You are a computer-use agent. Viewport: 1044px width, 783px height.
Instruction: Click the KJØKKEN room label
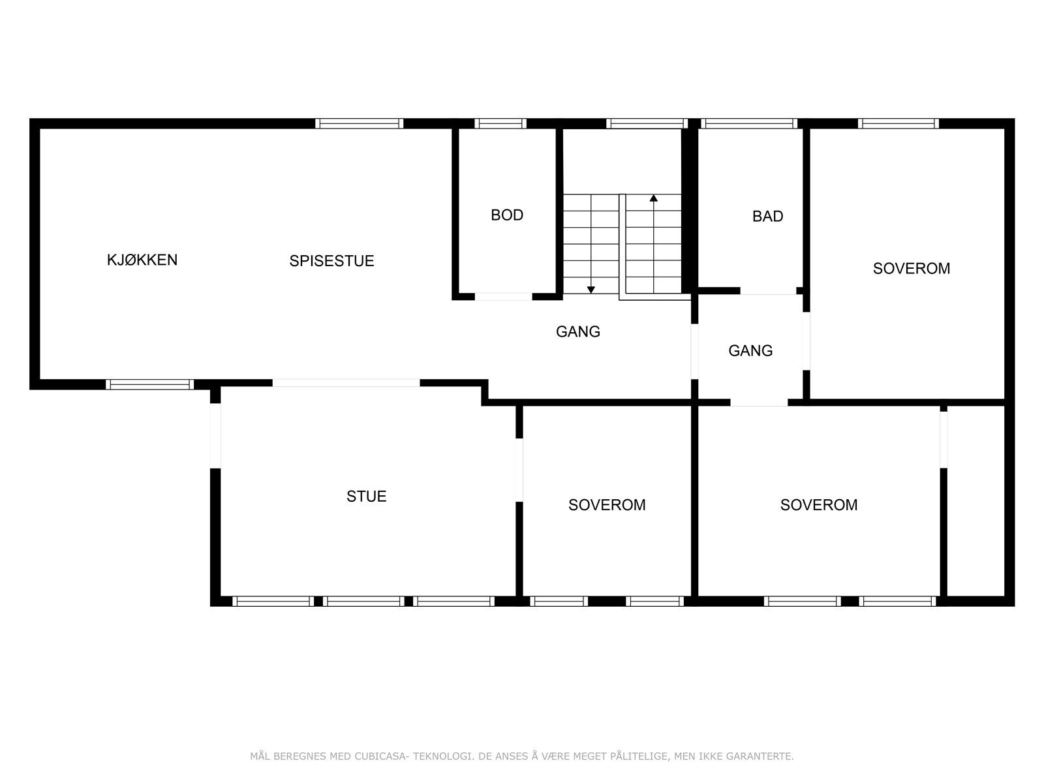point(142,260)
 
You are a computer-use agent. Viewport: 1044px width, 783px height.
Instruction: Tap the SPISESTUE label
point(331,261)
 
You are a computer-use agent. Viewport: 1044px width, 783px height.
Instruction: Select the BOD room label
point(507,215)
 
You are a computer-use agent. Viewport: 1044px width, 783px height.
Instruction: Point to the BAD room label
point(767,217)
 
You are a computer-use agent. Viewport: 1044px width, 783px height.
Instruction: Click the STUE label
point(366,497)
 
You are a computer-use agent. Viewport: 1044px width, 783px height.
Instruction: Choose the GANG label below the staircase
point(577,331)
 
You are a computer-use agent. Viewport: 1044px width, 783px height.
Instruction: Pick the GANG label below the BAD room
point(750,351)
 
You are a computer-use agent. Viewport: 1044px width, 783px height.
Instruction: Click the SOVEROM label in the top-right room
point(912,268)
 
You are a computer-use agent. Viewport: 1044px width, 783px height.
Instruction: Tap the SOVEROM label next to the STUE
point(607,505)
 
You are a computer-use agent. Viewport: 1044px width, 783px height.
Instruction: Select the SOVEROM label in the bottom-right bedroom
point(819,505)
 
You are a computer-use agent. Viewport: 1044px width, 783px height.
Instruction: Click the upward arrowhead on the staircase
point(653,198)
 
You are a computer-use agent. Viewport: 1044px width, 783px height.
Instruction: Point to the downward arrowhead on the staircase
point(591,289)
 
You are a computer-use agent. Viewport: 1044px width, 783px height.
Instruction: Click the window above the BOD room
point(500,123)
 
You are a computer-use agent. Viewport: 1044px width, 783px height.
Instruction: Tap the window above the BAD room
point(749,123)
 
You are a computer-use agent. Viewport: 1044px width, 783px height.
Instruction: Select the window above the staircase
point(646,123)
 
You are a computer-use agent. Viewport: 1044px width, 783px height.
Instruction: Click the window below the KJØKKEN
point(150,384)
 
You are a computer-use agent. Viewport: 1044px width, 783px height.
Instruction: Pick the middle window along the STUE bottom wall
point(363,601)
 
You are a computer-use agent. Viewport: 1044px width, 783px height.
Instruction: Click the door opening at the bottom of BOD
point(503,296)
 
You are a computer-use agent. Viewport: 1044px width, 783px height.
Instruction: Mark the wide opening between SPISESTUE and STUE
point(346,383)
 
